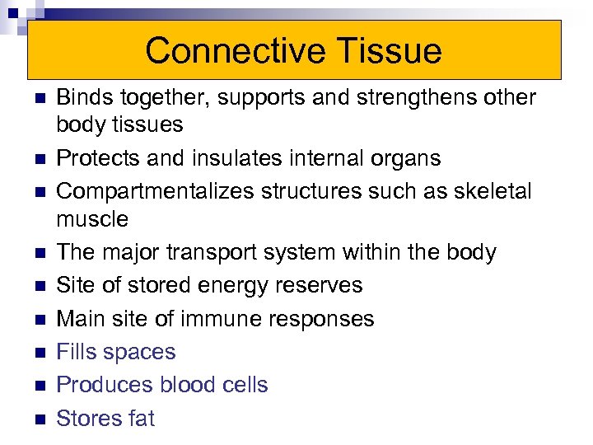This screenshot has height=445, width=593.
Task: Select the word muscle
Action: coord(92,219)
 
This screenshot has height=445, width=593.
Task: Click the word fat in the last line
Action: coord(142,419)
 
